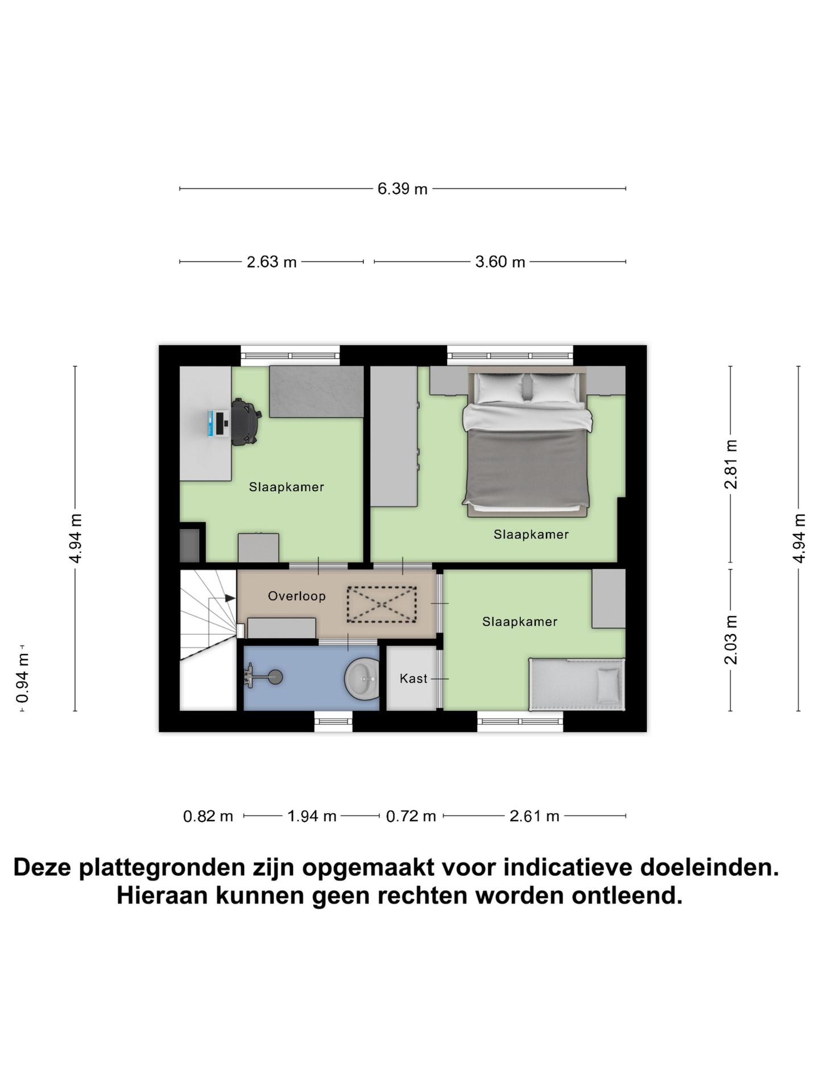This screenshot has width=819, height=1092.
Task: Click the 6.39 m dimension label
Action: coord(402,189)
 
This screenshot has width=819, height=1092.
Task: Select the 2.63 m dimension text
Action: coord(271,262)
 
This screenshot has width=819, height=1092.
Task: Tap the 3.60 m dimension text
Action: coord(500,262)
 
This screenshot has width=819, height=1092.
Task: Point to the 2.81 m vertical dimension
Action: coord(731,464)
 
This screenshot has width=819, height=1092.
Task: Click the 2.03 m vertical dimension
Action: coord(731,640)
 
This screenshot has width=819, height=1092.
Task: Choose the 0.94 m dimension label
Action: coord(22,678)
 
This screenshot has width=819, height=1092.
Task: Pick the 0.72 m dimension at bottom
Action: coord(411,817)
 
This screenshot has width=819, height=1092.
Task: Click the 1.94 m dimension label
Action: coord(312,817)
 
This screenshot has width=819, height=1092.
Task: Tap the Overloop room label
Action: coord(297,596)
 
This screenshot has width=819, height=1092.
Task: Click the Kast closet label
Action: coord(413,679)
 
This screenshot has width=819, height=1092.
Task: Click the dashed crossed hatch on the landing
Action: coord(382,604)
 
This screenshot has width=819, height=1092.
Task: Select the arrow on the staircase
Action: coord(229,598)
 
